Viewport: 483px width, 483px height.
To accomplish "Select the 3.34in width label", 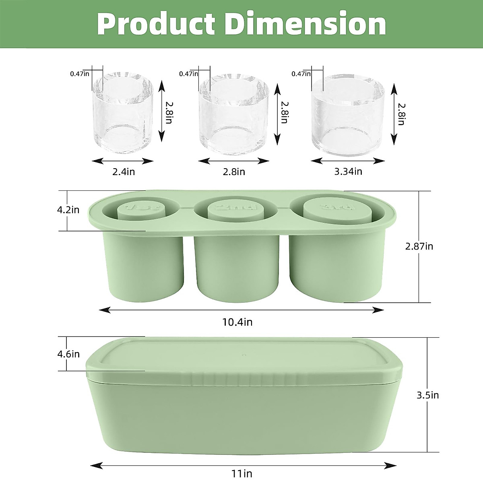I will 348,171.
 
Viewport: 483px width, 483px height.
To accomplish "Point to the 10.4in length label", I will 237,322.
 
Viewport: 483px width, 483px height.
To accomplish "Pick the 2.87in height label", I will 419,246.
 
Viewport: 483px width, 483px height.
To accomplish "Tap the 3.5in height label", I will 427,395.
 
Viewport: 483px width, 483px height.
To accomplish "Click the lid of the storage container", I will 244,358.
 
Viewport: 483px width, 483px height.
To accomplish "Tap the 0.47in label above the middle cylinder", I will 188,74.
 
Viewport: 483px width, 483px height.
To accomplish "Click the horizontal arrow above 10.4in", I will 242,310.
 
